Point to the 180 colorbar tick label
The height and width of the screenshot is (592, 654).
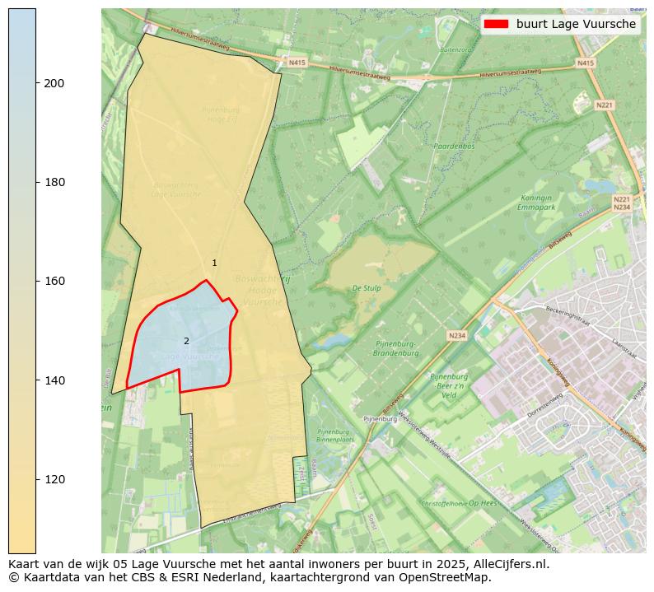click(54, 182)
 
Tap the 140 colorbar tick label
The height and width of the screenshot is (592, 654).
click(54, 380)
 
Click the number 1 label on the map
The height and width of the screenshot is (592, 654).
click(214, 263)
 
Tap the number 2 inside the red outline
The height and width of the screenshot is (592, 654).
click(186, 341)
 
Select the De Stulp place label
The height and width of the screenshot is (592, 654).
click(367, 288)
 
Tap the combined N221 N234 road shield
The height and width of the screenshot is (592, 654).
click(621, 203)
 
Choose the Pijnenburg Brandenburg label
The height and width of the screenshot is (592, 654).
click(395, 348)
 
